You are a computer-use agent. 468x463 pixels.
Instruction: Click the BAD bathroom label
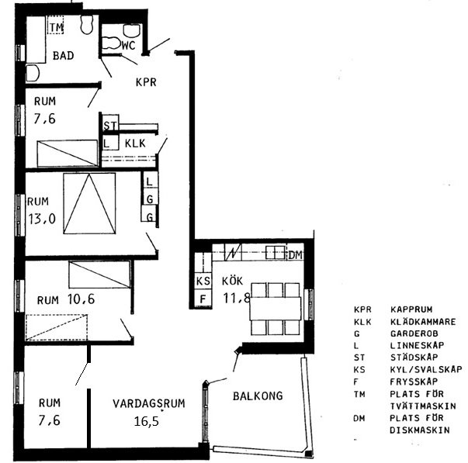tap(64, 56)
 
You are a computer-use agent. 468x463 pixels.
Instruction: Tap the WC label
tap(128, 45)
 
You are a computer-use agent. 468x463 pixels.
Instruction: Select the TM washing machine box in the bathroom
tap(56, 25)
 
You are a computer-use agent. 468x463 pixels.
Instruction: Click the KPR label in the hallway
tap(146, 82)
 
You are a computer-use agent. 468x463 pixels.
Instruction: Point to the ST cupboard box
tap(110, 123)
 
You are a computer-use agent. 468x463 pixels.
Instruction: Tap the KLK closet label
tap(135, 143)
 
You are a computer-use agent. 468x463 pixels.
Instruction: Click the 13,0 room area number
tap(42, 219)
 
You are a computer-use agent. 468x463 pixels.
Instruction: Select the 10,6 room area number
tap(81, 299)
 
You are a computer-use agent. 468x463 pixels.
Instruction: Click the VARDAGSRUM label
tap(149, 403)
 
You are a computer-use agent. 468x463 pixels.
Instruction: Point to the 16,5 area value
tap(146, 421)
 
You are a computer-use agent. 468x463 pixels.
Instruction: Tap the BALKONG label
tap(258, 396)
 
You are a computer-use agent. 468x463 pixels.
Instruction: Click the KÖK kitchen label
tap(232, 281)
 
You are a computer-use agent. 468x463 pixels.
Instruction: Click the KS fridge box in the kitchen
tap(203, 281)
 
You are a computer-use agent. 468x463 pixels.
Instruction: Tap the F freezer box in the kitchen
tap(203, 298)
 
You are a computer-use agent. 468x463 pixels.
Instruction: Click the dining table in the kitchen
tap(276, 309)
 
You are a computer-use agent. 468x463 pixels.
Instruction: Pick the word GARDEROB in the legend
tap(414, 333)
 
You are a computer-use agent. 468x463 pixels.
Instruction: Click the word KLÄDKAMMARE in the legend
tap(423, 322)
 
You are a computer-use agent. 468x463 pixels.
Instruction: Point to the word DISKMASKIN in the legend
tap(420, 430)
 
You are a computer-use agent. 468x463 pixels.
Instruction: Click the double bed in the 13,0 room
tap(89, 203)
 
